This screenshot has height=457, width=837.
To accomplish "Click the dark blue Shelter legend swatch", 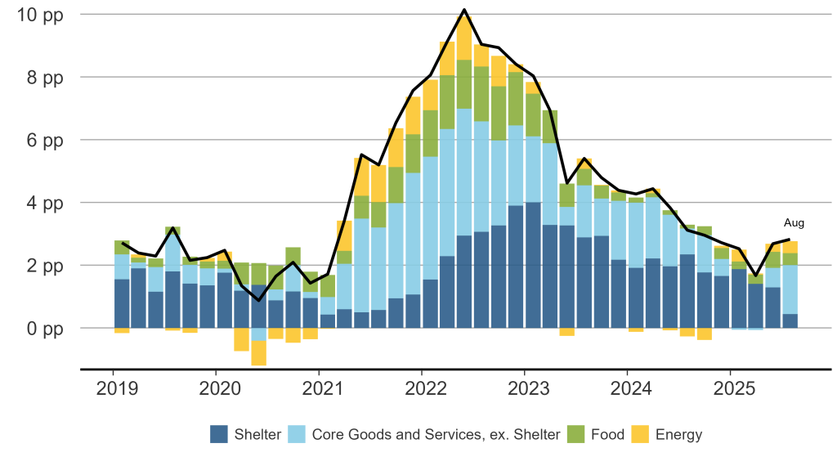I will [x=218, y=434].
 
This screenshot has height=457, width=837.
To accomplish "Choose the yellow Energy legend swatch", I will [x=641, y=434].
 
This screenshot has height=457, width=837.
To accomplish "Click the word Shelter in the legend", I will [x=258, y=434].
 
